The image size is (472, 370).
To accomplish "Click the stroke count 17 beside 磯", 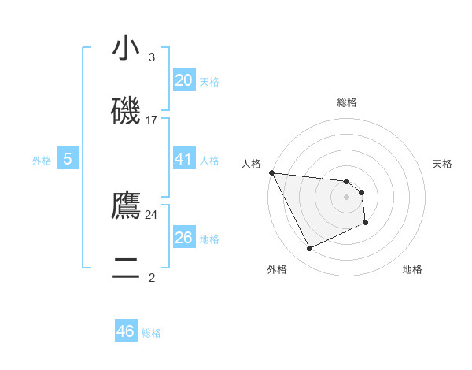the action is coord(152,120).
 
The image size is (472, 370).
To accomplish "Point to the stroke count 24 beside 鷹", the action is coord(152,214).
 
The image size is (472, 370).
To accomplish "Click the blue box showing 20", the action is coord(183,80).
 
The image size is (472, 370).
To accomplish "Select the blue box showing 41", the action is coord(183,159).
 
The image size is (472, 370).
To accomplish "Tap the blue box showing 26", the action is coord(183,238).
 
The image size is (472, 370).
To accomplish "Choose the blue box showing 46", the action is coord(126,331).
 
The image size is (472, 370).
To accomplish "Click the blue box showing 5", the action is coord(68,159).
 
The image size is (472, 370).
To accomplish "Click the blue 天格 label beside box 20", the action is coord(209,82).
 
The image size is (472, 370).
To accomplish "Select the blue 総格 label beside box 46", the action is coord(151,333).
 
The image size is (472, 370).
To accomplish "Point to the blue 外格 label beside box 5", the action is coord(42,161).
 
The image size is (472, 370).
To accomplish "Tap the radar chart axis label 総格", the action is coord(347,102).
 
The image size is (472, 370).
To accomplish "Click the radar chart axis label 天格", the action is coord(443,164).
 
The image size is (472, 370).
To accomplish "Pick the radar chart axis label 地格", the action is coord(412,269).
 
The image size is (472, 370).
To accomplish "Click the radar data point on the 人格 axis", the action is coord(271,172).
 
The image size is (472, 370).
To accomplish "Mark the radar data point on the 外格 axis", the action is coord(309,249).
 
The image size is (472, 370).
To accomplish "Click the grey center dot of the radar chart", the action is coord(347,197).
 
